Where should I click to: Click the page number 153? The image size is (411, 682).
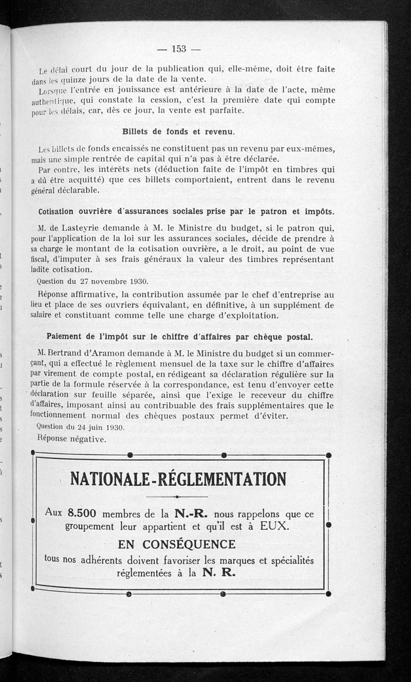178,49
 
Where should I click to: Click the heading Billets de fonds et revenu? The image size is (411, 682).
178,132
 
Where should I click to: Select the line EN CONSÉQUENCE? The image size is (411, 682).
177,544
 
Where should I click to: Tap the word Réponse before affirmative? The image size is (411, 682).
57,294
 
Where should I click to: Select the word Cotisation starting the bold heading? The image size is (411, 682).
59,212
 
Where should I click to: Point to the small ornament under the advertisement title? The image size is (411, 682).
177,496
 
